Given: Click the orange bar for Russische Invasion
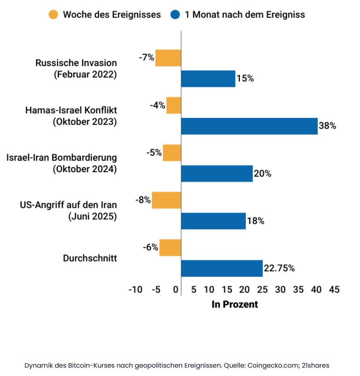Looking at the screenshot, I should coord(168,58).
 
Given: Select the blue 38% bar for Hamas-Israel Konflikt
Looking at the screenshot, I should coord(249,126).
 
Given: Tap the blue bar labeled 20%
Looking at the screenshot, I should coord(217,173).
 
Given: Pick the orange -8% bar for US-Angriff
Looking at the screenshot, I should coord(167,200).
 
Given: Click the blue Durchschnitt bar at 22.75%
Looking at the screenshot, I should coord(222,268).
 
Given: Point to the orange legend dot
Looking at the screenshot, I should coord(53,15).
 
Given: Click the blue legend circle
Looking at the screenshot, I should coord(175,15).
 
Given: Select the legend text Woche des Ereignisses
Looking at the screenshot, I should coord(112,15).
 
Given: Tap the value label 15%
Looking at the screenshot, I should coord(245,79).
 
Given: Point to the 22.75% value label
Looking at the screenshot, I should coord(279,268).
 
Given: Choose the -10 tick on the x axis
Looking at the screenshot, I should coord(135,290).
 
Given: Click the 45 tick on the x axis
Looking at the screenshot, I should coord(334,290).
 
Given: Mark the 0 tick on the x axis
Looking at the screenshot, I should coord(176,290).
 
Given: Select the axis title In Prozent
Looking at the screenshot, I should coord(235,304).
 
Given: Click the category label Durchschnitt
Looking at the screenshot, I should coord(90,258).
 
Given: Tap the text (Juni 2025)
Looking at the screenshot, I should coord(92,216).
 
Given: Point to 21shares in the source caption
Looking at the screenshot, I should coord(314,365).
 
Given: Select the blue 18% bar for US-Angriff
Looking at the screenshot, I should coord(213,221).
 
